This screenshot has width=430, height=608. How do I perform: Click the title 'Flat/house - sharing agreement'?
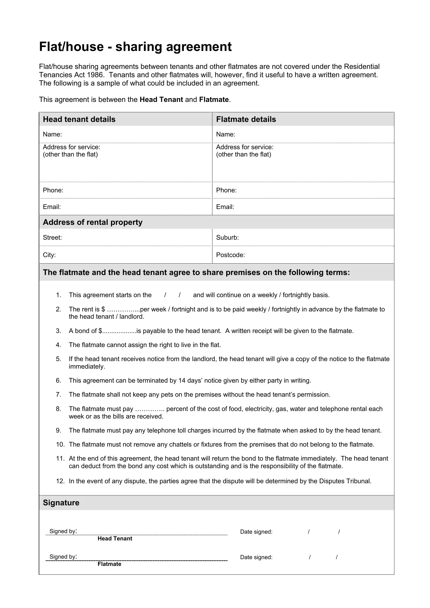[x=135, y=47]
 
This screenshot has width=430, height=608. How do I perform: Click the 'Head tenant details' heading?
[x=79, y=119]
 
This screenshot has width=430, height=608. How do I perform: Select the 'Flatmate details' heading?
[x=246, y=119]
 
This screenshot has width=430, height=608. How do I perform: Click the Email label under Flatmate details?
[x=225, y=207]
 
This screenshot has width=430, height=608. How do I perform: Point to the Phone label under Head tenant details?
[x=53, y=190]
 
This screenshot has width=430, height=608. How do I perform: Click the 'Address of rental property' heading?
[x=92, y=222]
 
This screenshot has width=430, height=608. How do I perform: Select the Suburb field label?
[x=227, y=238]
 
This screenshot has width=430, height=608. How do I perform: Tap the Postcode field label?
[x=230, y=255]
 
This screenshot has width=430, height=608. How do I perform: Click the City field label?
[x=49, y=255]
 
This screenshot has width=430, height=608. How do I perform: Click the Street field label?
[x=52, y=238]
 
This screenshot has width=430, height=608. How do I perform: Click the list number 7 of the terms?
[x=58, y=395]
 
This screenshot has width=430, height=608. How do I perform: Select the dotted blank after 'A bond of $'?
[x=119, y=331]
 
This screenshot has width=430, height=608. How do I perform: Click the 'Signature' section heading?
[x=61, y=503]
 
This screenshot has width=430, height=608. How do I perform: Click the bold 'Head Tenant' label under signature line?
[x=115, y=539]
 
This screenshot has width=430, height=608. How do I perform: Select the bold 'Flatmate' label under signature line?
[x=109, y=564]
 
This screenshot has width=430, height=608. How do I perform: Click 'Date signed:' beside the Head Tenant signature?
[x=256, y=532]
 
